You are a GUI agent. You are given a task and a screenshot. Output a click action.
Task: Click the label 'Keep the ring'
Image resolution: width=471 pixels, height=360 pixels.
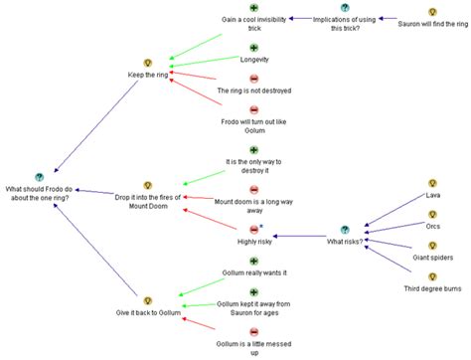[x=148, y=75]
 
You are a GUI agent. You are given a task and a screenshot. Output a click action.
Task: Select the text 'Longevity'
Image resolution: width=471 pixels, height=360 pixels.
[x=253, y=60]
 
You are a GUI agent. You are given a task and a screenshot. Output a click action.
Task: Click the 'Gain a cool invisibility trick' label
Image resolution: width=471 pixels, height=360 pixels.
[x=252, y=24]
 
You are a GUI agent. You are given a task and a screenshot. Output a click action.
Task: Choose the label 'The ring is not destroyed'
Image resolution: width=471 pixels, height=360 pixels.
[x=253, y=90]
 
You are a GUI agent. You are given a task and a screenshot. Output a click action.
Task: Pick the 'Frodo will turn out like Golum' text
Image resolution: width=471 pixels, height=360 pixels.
[x=253, y=127]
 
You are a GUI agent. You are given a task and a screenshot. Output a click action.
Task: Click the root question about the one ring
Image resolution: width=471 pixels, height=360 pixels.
[x=40, y=193]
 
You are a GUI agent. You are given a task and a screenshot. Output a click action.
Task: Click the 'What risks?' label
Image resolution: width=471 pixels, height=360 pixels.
[x=346, y=241]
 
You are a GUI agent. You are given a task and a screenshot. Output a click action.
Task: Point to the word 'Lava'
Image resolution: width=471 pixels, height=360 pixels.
[x=433, y=195]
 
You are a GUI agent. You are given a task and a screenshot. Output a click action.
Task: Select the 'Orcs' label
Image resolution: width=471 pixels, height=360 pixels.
[x=433, y=227]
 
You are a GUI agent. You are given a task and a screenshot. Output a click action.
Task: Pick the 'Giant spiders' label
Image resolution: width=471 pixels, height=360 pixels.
[x=433, y=258]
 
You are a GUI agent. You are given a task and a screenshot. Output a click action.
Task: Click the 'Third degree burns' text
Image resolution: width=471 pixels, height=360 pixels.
[x=433, y=288]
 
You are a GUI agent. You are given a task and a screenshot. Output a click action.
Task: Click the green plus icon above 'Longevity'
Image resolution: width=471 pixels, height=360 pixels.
[x=253, y=48]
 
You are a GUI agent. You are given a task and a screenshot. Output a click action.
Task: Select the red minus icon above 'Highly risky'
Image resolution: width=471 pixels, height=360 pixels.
[x=253, y=229]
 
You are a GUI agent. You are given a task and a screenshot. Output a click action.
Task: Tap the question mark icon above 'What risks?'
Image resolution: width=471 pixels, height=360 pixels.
[x=346, y=229]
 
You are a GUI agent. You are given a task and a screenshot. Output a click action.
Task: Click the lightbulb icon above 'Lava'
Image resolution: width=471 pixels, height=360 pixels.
[x=433, y=183]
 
